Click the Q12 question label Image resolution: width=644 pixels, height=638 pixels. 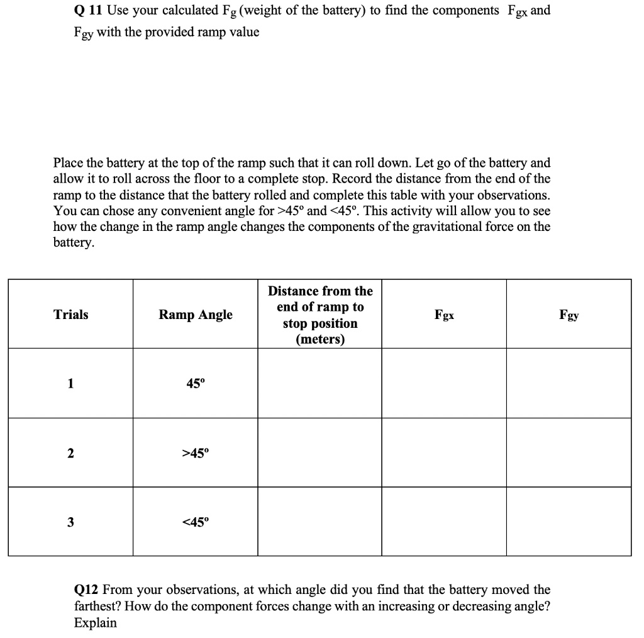tap(86, 590)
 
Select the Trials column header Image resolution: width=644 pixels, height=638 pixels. tap(71, 315)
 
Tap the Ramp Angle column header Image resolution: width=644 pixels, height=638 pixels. tap(195, 315)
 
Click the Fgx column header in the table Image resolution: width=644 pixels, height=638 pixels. tap(444, 315)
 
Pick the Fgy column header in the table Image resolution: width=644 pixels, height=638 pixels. tap(569, 315)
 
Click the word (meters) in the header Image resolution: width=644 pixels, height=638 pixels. tap(319, 340)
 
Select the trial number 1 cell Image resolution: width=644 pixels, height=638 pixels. tap(71, 383)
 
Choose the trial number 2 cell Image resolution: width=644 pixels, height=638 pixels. tap(71, 452)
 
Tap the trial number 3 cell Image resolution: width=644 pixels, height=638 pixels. tap(71, 522)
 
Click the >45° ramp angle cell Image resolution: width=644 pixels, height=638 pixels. tap(195, 452)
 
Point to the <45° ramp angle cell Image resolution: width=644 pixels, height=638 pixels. tap(195, 522)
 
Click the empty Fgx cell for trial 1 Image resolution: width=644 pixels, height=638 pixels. tap(444, 383)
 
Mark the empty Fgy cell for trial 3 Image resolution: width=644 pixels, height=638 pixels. tap(569, 522)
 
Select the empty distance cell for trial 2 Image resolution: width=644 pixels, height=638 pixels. tap(319, 452)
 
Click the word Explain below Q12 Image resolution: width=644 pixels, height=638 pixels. tap(95, 623)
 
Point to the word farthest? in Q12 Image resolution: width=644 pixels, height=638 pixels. tap(99, 607)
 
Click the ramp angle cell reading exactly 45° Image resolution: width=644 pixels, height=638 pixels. tap(195, 383)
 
